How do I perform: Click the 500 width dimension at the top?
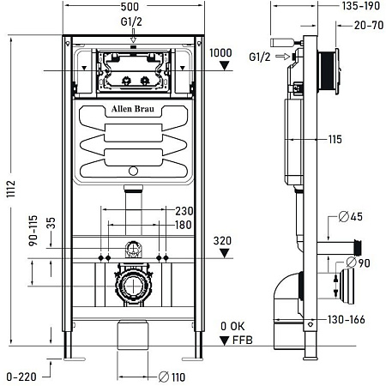click(x=131, y=7)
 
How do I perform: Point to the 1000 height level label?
click(x=221, y=52)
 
